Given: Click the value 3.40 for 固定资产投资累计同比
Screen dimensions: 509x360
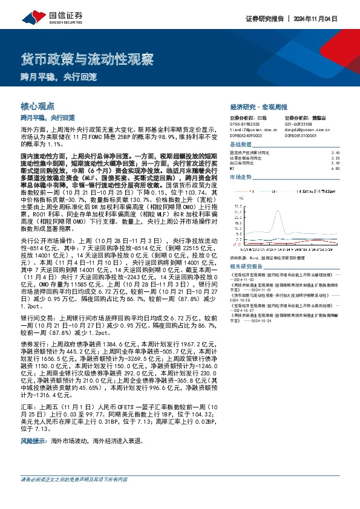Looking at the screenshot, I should [336, 153].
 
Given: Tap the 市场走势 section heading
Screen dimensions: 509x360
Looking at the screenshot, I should [240, 177].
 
